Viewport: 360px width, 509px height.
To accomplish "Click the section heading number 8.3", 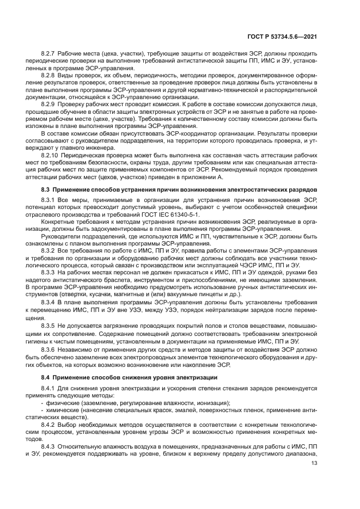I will (x=46, y=188).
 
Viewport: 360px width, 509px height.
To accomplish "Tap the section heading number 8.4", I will (x=46, y=377).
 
